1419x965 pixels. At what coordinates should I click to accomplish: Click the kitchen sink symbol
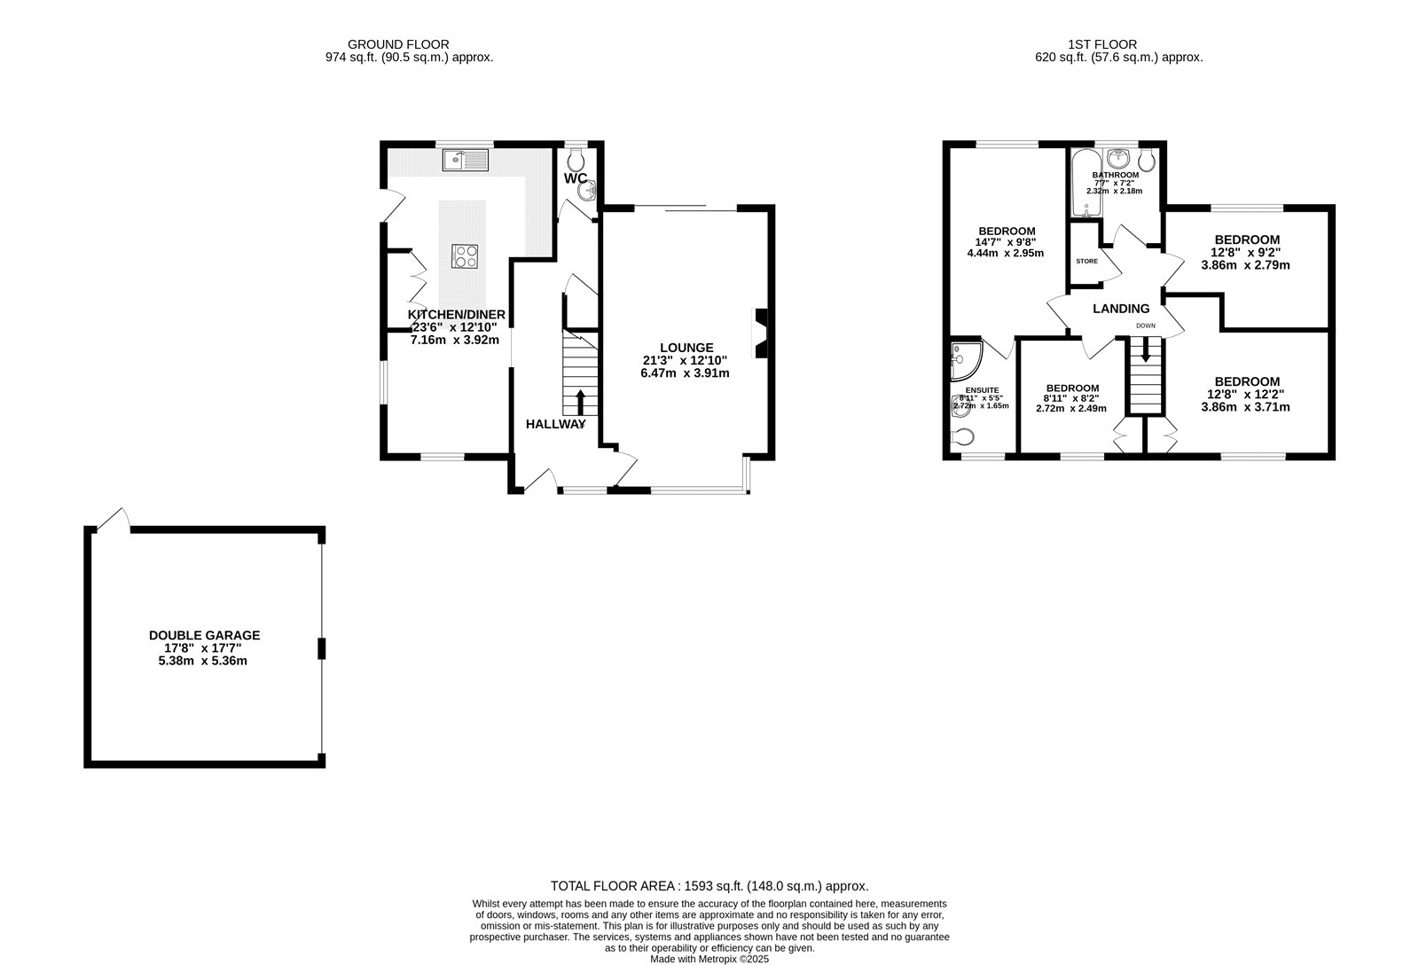click(466, 161)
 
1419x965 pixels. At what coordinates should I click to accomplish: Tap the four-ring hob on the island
click(466, 256)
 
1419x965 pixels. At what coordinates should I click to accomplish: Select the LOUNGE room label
click(686, 347)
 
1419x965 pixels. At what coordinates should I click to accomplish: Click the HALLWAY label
click(556, 424)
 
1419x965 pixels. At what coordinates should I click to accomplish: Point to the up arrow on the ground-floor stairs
click(580, 401)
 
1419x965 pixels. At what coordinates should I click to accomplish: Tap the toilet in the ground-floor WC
click(576, 161)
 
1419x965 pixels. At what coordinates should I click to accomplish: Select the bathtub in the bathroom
click(1085, 184)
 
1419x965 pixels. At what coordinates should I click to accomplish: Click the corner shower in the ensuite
click(961, 358)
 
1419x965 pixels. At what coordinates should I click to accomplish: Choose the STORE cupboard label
click(1086, 262)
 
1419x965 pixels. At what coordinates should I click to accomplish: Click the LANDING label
click(1121, 309)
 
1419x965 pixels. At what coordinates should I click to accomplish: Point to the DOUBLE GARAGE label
click(204, 635)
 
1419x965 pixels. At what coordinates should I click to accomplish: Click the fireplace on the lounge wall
click(760, 333)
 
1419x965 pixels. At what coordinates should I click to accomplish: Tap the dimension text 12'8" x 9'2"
click(1246, 252)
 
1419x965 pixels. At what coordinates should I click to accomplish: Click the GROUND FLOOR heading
click(397, 43)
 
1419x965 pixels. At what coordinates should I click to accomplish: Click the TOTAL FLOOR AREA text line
click(709, 885)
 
